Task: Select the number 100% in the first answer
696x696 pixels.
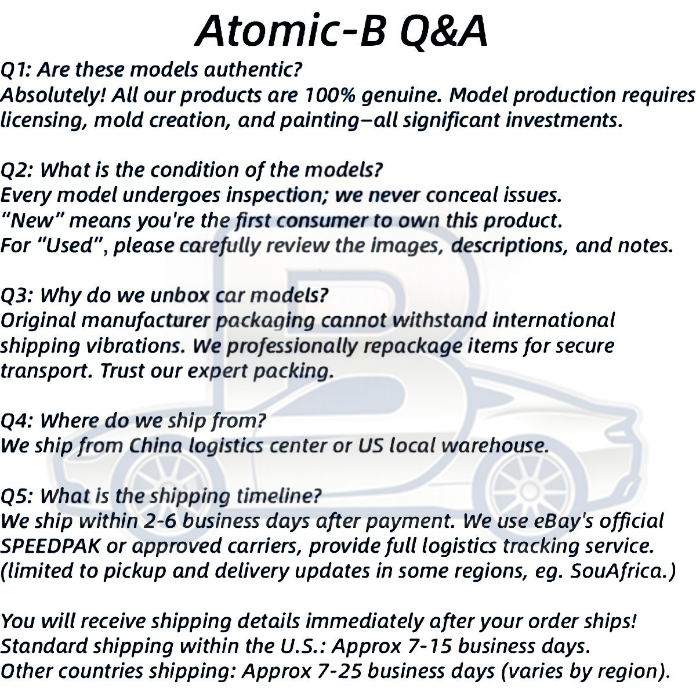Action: (330, 95)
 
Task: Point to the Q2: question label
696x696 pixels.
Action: (17, 171)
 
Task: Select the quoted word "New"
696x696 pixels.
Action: (32, 220)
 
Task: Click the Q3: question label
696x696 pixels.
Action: (17, 296)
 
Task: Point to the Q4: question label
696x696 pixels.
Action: (17, 422)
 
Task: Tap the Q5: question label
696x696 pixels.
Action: (17, 496)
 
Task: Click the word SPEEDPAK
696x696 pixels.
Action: (50, 546)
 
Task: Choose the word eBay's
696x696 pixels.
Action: (559, 521)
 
